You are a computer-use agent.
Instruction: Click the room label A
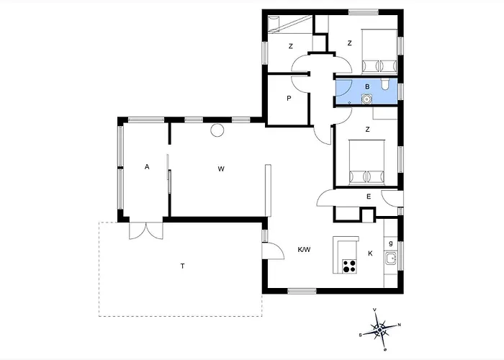tap(147, 167)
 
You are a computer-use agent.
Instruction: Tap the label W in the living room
tap(221, 168)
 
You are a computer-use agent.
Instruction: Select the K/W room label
tap(304, 249)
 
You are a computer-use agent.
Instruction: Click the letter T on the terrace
tap(183, 266)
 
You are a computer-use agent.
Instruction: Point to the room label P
tap(289, 99)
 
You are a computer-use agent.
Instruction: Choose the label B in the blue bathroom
tap(367, 87)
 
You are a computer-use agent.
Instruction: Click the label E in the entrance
tap(369, 197)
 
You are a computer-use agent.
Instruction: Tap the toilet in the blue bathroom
tap(384, 84)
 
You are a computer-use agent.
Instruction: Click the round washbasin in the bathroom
tap(366, 99)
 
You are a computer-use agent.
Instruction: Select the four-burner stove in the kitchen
tap(349, 266)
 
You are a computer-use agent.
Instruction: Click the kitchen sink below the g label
tap(391, 258)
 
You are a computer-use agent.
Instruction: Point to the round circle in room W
tap(217, 130)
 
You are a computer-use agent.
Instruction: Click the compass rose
tap(380, 330)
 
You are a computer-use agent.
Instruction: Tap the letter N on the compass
tap(400, 325)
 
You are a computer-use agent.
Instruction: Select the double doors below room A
tap(146, 231)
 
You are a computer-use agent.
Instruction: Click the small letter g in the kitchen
tap(391, 243)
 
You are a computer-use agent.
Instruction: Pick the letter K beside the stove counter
tap(370, 253)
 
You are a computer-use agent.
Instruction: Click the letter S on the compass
tap(360, 336)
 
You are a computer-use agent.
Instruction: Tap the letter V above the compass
tap(374, 310)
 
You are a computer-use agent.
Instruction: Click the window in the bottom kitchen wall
tap(302, 291)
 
